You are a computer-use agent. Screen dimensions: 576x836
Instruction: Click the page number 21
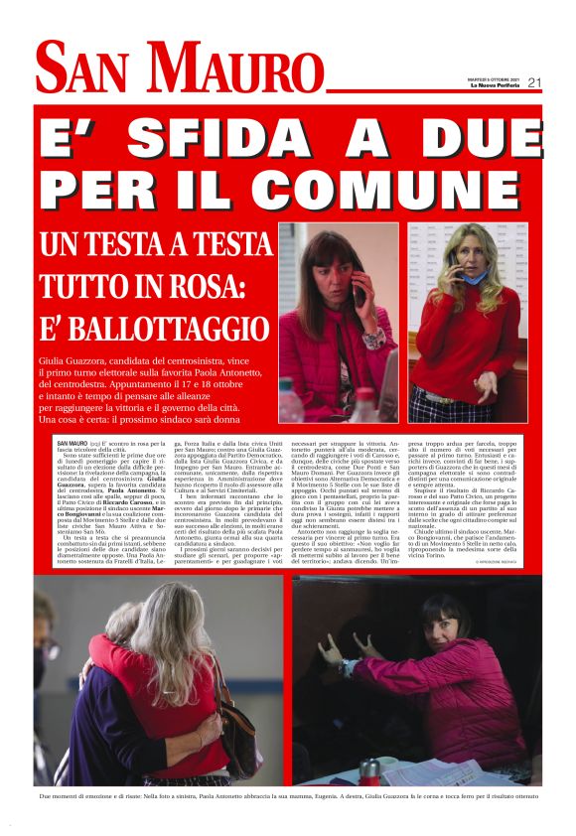click(534, 82)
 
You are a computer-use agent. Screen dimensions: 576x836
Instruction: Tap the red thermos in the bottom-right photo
click(370, 770)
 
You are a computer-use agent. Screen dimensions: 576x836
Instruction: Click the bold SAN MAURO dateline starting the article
click(72, 442)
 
